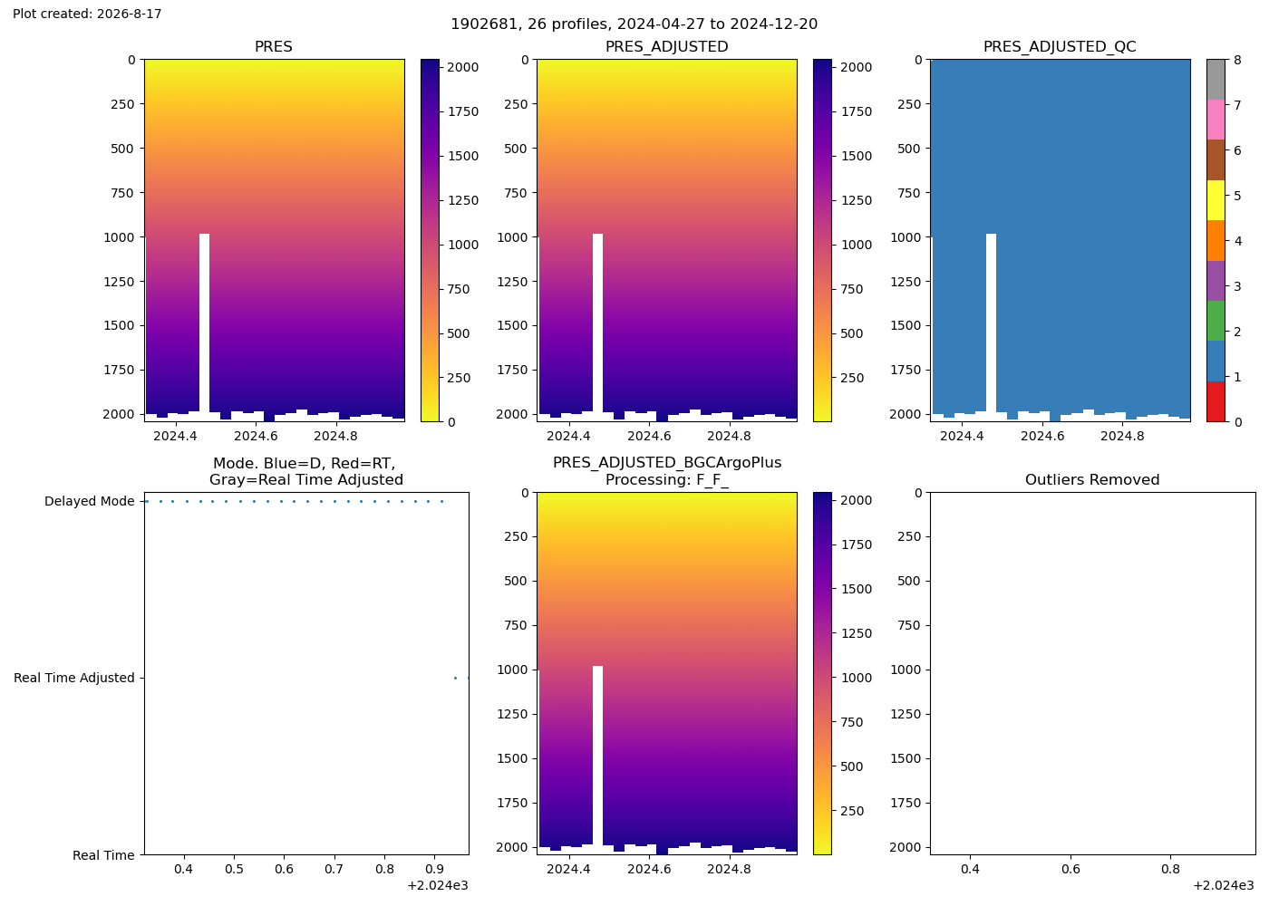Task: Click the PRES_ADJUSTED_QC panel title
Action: click(1060, 46)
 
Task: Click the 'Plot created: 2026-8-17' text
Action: click(87, 14)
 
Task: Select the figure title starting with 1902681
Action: click(634, 24)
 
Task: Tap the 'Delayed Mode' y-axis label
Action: click(90, 501)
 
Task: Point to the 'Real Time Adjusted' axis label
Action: click(74, 678)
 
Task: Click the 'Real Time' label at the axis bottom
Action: click(103, 855)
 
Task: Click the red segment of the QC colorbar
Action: click(1216, 401)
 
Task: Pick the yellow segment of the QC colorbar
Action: click(1216, 200)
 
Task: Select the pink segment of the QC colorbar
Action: click(1216, 120)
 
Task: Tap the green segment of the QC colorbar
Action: click(1216, 321)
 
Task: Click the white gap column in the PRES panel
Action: click(205, 323)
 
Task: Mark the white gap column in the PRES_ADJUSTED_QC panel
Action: click(991, 323)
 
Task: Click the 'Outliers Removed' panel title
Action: click(1092, 479)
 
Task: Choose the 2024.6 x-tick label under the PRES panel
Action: click(256, 436)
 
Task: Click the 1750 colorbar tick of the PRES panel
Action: click(463, 111)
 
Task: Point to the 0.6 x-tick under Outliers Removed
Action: click(1070, 869)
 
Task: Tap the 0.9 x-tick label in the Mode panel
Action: click(434, 869)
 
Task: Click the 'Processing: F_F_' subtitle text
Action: click(667, 479)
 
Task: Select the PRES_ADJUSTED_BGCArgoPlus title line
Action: click(667, 463)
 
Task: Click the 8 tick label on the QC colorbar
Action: click(1237, 60)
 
